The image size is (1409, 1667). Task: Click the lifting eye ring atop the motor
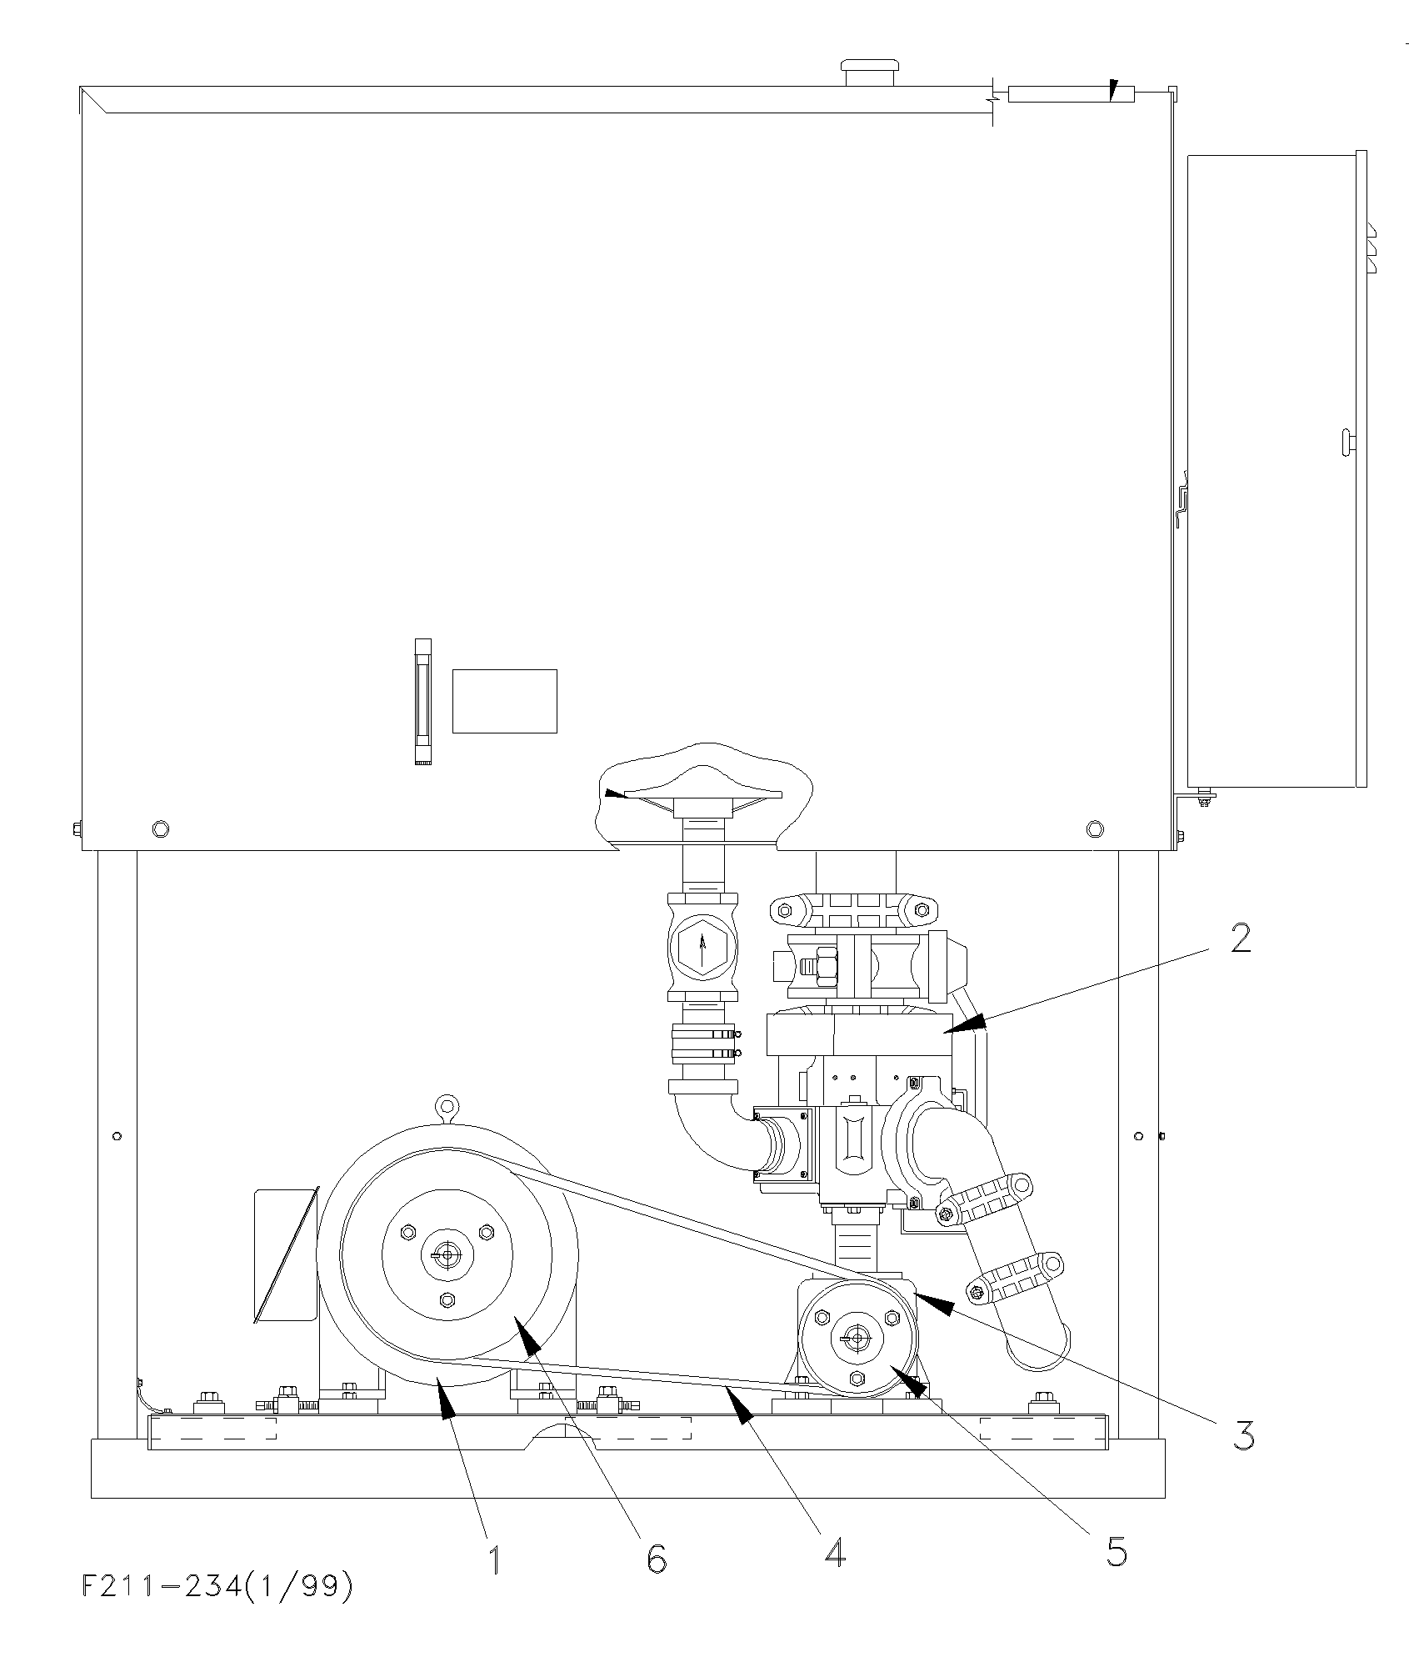(447, 1106)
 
